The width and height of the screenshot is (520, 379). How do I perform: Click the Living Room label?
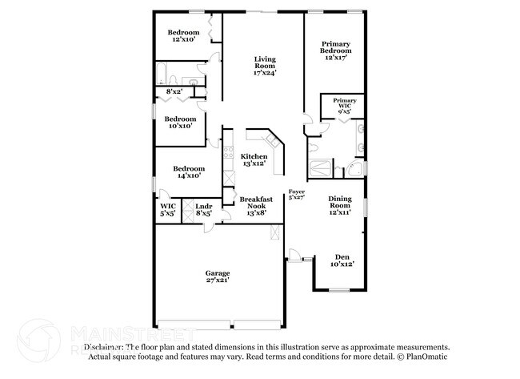265,63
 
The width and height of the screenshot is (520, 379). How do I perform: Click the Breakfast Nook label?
256,203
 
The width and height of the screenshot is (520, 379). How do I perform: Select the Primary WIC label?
344,106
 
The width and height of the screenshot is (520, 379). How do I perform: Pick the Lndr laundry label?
203,210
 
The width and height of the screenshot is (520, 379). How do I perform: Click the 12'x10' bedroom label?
183,36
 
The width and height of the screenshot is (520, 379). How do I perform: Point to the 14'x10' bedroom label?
189,172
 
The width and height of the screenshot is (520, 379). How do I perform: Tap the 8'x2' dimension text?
174,92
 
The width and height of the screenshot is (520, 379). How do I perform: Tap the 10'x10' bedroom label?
180,123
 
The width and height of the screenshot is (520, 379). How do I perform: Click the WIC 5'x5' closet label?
168,210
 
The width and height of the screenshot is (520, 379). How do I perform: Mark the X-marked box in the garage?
276,232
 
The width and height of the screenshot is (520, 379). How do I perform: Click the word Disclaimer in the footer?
104,347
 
